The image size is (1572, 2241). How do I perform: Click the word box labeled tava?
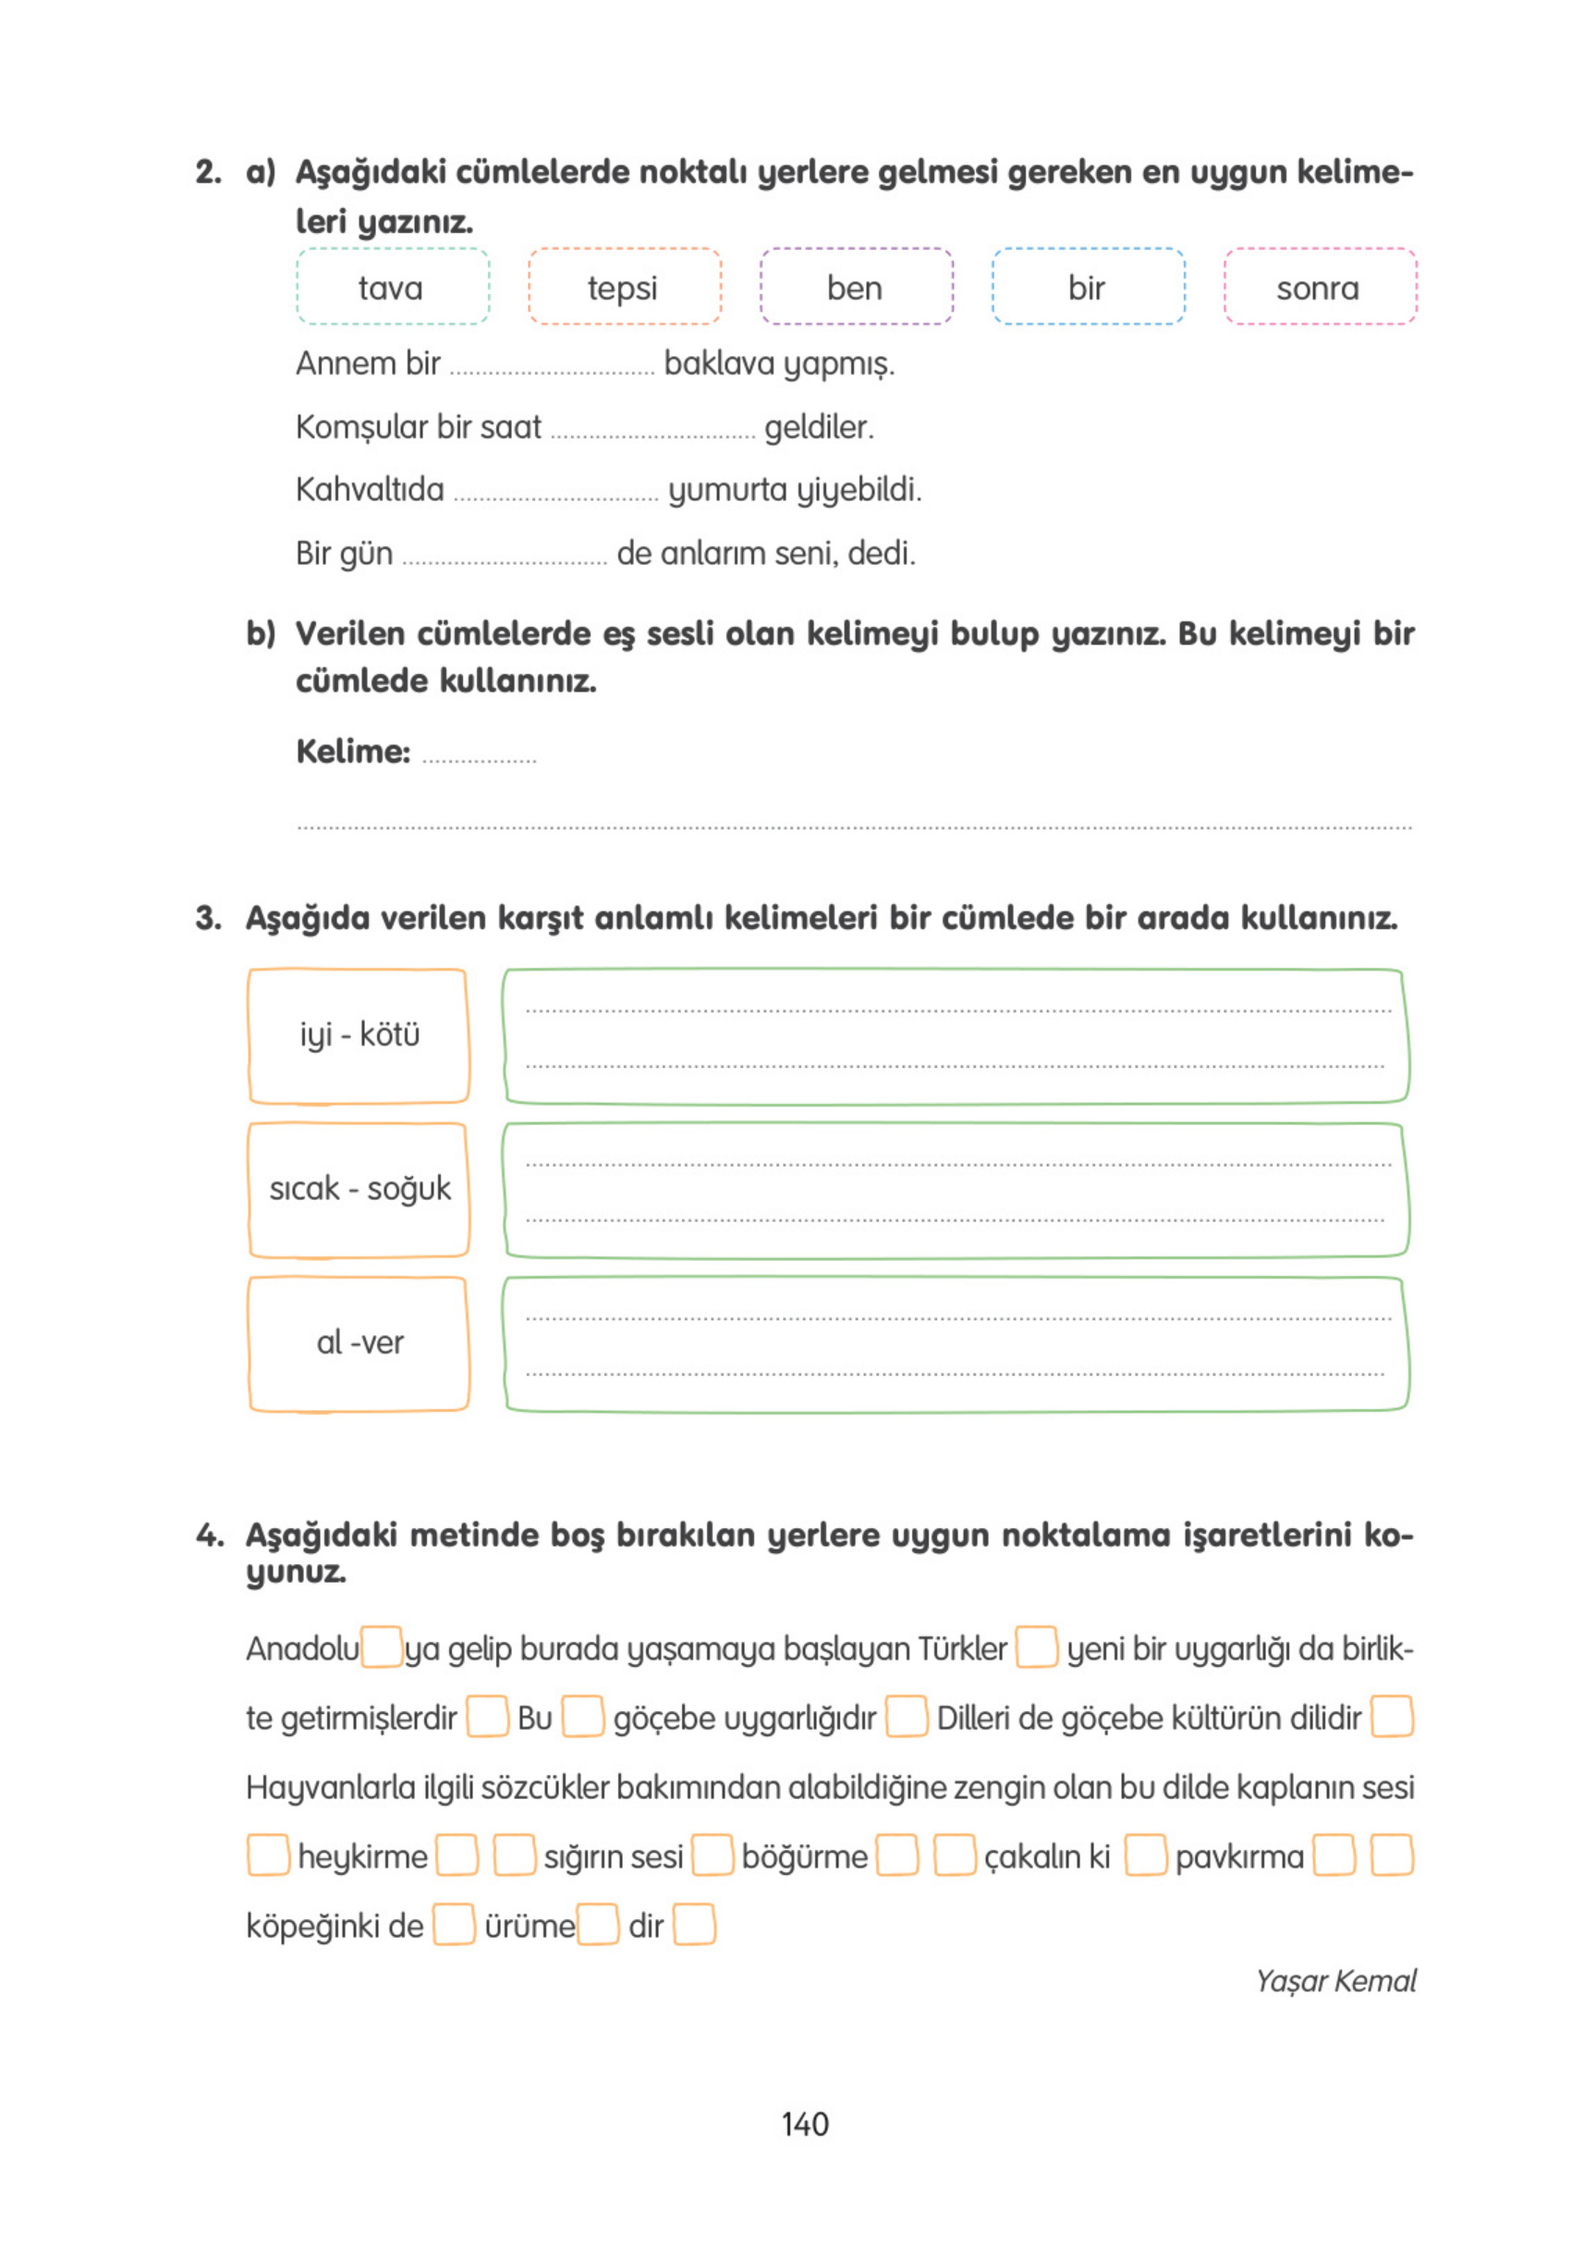pyautogui.click(x=392, y=287)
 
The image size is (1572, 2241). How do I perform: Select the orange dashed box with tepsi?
pyautogui.click(x=624, y=287)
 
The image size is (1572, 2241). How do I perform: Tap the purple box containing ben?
pyautogui.click(x=855, y=287)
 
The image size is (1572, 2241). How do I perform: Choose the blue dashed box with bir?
pyautogui.click(x=1087, y=287)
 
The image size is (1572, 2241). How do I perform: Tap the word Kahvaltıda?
pyautogui.click(x=369, y=489)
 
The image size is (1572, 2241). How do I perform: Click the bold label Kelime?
pyautogui.click(x=352, y=752)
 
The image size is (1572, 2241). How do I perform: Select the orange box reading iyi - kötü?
pyautogui.click(x=359, y=1035)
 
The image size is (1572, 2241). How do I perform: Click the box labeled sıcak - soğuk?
pyautogui.click(x=359, y=1189)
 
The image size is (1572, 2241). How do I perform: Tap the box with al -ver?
pyautogui.click(x=359, y=1343)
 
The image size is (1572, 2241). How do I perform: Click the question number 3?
pyautogui.click(x=207, y=917)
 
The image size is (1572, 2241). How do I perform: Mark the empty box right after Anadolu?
pyautogui.click(x=382, y=1647)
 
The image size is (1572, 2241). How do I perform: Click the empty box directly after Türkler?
pyautogui.click(x=1035, y=1647)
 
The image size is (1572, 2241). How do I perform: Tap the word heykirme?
pyautogui.click(x=362, y=1855)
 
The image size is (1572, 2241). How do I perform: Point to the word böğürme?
pyautogui.click(x=803, y=1855)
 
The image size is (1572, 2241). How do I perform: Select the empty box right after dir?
pyautogui.click(x=694, y=1925)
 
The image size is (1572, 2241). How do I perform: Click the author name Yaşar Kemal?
pyautogui.click(x=1334, y=1980)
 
